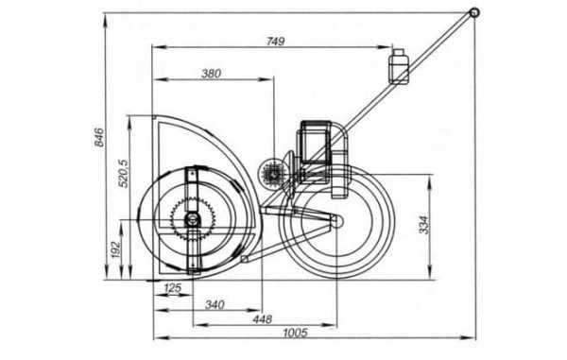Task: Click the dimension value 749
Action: tap(276, 42)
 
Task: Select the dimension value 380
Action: tap(211, 74)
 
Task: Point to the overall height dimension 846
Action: tap(99, 137)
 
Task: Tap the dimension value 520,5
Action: tap(123, 174)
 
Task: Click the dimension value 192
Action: tap(115, 249)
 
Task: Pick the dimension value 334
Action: tap(424, 225)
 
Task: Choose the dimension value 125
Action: tap(173, 288)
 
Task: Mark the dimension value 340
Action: tap(215, 304)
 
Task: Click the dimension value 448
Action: tap(263, 319)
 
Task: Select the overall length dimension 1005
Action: tap(295, 333)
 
